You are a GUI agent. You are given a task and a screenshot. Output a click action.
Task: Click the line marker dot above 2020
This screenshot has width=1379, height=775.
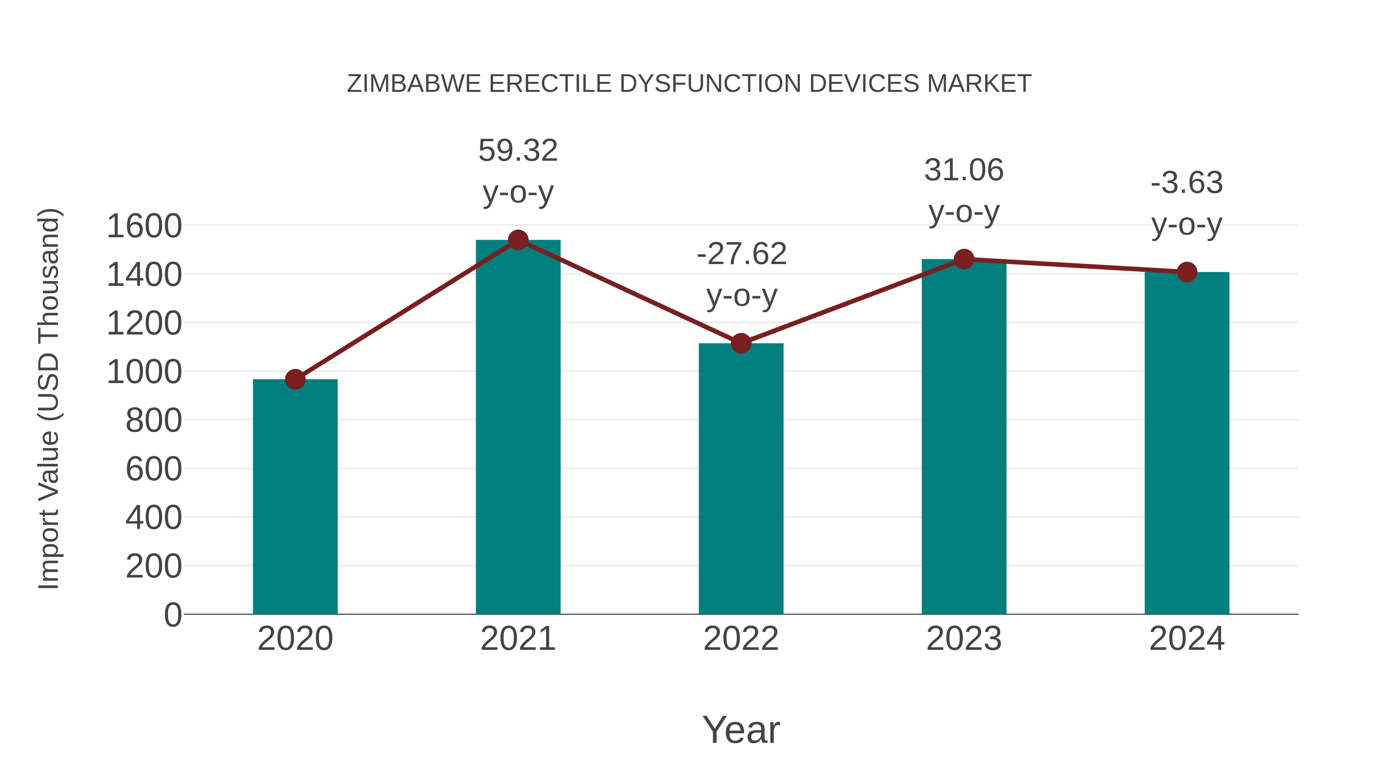[x=295, y=379]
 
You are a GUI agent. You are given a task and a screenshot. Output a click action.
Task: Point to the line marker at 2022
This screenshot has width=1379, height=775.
[x=741, y=343]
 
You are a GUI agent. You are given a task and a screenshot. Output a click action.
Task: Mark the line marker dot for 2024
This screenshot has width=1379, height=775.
[x=1187, y=272]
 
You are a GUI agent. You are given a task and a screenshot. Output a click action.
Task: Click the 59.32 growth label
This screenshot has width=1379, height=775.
[x=518, y=151]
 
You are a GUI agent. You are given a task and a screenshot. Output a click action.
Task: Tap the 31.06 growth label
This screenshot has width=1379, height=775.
[x=964, y=171]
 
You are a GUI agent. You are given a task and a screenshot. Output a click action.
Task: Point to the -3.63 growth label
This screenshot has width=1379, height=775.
[x=1187, y=183]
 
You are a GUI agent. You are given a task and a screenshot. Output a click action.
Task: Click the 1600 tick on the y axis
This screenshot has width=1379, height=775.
[x=144, y=226]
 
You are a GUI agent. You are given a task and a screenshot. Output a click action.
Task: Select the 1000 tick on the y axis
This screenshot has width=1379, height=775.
[x=144, y=372]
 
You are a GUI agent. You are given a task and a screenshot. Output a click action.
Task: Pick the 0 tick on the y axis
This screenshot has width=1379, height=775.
[x=172, y=615]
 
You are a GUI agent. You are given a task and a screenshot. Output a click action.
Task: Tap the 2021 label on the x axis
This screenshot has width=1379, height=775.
[x=518, y=639]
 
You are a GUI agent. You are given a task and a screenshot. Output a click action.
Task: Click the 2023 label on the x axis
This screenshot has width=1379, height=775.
[x=964, y=639]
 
